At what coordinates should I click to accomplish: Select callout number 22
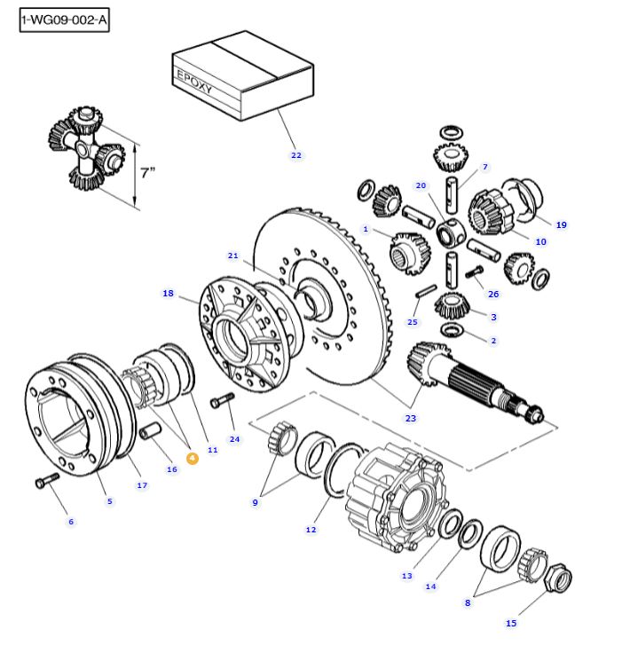tap(295, 155)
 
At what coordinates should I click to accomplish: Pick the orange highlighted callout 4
tap(192, 458)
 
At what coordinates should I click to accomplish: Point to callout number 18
tap(168, 294)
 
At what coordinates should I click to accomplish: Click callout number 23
tap(410, 418)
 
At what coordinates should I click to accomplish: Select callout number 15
tap(510, 623)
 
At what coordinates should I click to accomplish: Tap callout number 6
tap(71, 521)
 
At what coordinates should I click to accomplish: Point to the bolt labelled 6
tap(45, 481)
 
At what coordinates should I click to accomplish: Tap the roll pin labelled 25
tap(424, 292)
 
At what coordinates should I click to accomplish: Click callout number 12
tap(311, 530)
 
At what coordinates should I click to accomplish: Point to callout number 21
tap(232, 256)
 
